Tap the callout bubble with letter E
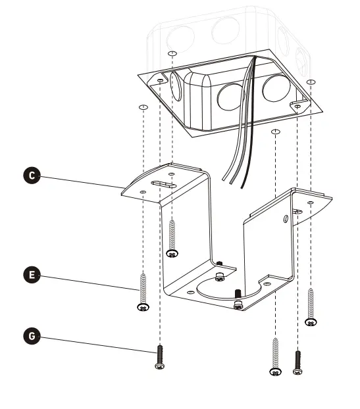(31, 275)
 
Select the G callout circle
(31, 337)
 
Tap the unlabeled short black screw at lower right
(297, 361)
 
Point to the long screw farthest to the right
(311, 306)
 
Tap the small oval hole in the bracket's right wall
(285, 218)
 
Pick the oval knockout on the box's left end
(176, 85)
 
